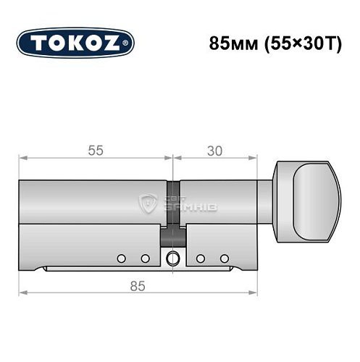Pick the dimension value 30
[x=214, y=150]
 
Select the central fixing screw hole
[x=173, y=258]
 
